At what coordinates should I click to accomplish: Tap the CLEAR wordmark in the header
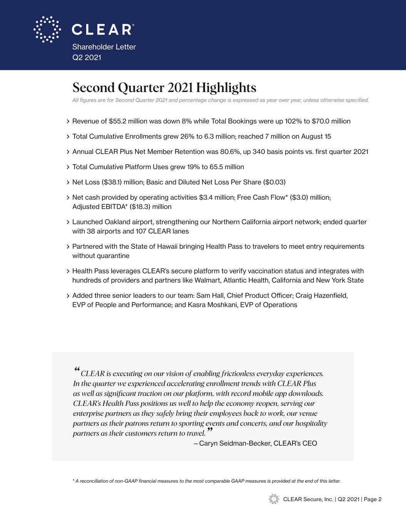click(103, 30)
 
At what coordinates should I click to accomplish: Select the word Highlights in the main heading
click(226, 88)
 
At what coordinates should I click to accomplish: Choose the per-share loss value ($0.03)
click(274, 182)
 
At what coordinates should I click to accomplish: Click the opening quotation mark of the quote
click(76, 370)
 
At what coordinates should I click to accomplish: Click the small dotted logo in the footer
click(274, 499)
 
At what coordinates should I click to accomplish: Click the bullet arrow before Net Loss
click(68, 182)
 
